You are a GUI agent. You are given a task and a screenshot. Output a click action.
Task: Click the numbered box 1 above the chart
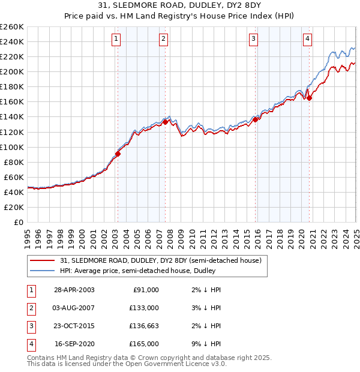[116, 40]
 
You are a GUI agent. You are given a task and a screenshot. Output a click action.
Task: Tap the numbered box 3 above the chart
[254, 40]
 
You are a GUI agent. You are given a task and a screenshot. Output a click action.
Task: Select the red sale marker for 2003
[118, 154]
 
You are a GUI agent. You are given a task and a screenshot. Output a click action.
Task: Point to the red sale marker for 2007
[165, 122]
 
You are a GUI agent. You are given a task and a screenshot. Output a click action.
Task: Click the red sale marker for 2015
[255, 119]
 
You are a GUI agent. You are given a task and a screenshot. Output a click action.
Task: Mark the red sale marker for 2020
[309, 98]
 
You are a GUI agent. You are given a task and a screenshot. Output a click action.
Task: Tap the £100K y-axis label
[12, 147]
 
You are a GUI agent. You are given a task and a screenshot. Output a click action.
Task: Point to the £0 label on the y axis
[18, 222]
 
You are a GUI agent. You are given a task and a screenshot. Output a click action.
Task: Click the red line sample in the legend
[43, 261]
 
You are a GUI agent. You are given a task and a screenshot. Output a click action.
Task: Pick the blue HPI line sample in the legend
[43, 271]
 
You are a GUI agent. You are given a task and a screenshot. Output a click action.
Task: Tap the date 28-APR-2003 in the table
[74, 290]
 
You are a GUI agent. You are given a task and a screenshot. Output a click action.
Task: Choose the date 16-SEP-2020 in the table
[74, 344]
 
